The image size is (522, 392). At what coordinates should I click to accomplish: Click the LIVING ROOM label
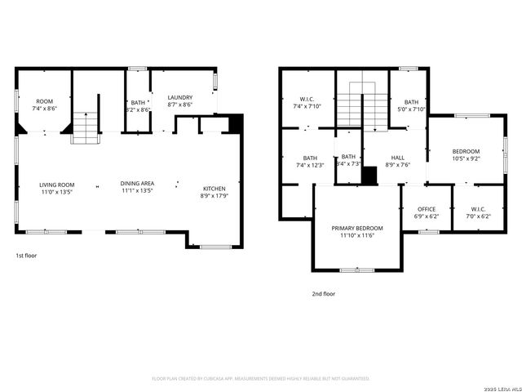point(57,185)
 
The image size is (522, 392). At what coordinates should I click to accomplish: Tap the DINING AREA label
point(137,184)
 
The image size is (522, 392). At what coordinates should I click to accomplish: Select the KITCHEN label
point(215,189)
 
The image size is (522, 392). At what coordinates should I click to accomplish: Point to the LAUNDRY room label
point(179,97)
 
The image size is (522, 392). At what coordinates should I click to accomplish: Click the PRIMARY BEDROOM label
point(356,228)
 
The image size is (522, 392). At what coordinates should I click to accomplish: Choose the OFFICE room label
point(427,210)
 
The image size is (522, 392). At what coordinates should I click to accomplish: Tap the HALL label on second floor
point(397,158)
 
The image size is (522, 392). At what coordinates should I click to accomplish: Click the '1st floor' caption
point(26,256)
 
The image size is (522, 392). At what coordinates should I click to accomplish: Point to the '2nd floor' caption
point(323,293)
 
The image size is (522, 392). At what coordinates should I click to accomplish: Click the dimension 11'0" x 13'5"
point(57,192)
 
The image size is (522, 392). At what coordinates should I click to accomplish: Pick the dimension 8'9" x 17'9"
point(215,196)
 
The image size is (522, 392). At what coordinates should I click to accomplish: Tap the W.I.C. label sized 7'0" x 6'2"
point(478,210)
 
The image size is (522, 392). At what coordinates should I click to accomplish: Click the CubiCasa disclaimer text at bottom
point(261,379)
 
